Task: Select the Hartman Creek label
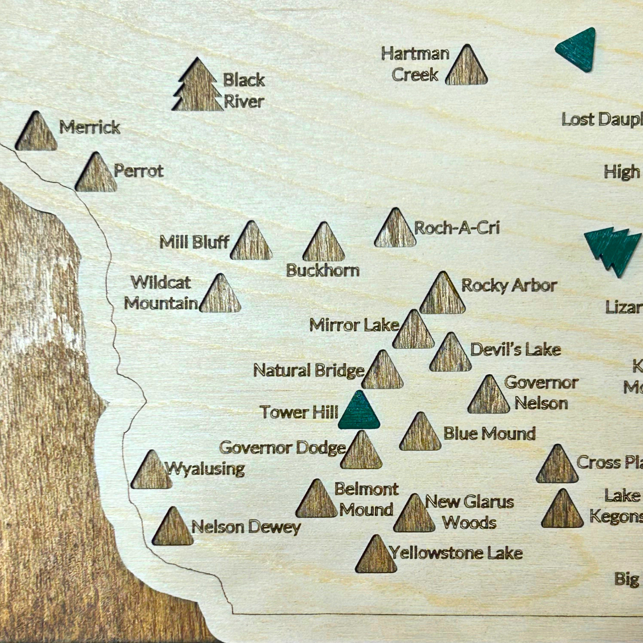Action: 415,64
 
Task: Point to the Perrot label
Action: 138,171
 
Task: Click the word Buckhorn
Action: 323,270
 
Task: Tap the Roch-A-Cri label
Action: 457,228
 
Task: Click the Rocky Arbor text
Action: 509,285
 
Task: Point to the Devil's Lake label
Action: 515,349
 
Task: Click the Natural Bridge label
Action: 309,370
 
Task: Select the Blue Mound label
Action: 489,433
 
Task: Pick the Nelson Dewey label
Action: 246,527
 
